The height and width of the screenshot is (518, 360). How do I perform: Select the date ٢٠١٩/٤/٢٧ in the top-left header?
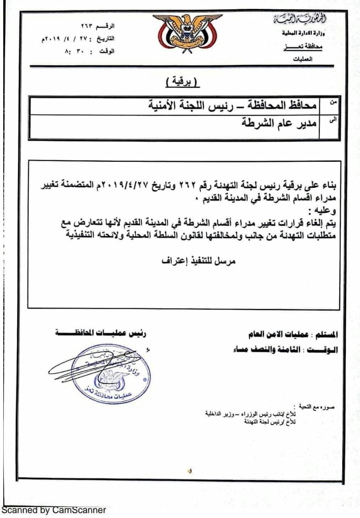coord(64,39)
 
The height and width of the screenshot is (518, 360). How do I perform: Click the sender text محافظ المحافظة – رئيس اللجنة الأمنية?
coord(232,106)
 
